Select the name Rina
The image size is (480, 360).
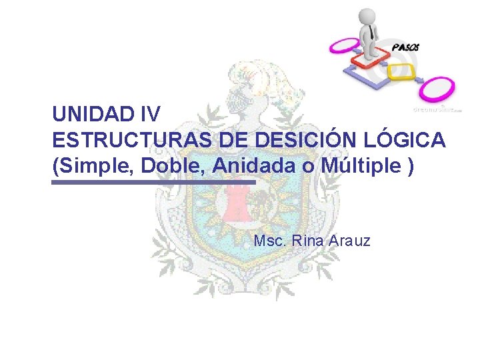pos(307,240)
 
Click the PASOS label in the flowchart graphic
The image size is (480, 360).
pos(406,47)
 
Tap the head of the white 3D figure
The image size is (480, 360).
pos(367,16)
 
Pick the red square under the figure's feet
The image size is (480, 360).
pos(371,57)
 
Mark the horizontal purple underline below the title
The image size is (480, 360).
pos(153,182)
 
